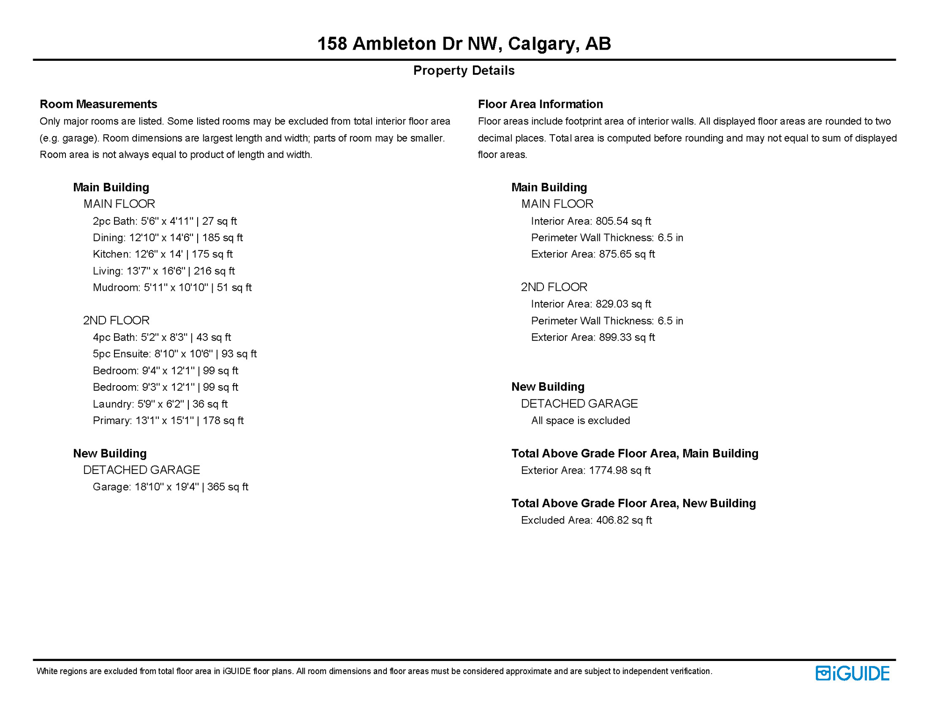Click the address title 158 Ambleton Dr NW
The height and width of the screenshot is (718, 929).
[464, 44]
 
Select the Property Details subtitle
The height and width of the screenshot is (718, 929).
[464, 71]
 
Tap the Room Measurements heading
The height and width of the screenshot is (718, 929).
[98, 104]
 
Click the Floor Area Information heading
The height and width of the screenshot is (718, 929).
[540, 104]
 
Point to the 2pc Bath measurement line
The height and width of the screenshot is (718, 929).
[164, 221]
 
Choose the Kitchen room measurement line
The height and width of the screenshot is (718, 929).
[163, 254]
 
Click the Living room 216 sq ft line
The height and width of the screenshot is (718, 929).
[164, 271]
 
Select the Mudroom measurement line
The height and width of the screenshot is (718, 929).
[172, 287]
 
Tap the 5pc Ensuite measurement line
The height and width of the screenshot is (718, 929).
[175, 354]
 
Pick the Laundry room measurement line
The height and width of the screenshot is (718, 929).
[160, 404]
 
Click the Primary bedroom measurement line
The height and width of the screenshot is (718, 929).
[168, 421]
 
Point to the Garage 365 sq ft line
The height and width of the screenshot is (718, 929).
[170, 487]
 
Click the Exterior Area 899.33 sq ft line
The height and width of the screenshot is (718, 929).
[593, 337]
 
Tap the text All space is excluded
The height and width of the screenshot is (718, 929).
[580, 421]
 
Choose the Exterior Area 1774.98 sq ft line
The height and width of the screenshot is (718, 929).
[586, 471]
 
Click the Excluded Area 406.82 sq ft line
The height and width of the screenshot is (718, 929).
[586, 520]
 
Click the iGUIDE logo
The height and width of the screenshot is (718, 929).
[852, 673]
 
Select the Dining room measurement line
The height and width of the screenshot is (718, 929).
[168, 238]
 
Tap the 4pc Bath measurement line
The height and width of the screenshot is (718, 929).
[162, 337]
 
